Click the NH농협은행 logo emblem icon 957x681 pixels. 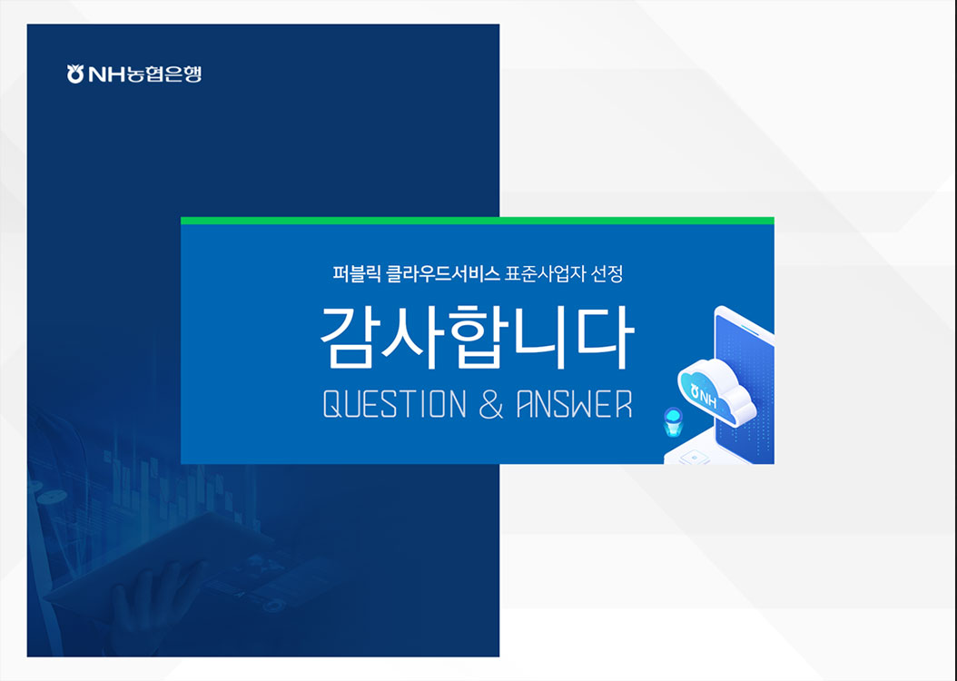coord(75,74)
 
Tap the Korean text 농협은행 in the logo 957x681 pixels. coord(163,74)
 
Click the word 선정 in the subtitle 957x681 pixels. coord(606,272)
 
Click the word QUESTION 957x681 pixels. coord(394,404)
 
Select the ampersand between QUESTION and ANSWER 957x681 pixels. coord(490,404)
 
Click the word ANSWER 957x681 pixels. coord(574,404)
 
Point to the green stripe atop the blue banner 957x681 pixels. coord(478,221)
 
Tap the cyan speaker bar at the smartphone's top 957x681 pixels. coord(748,330)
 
